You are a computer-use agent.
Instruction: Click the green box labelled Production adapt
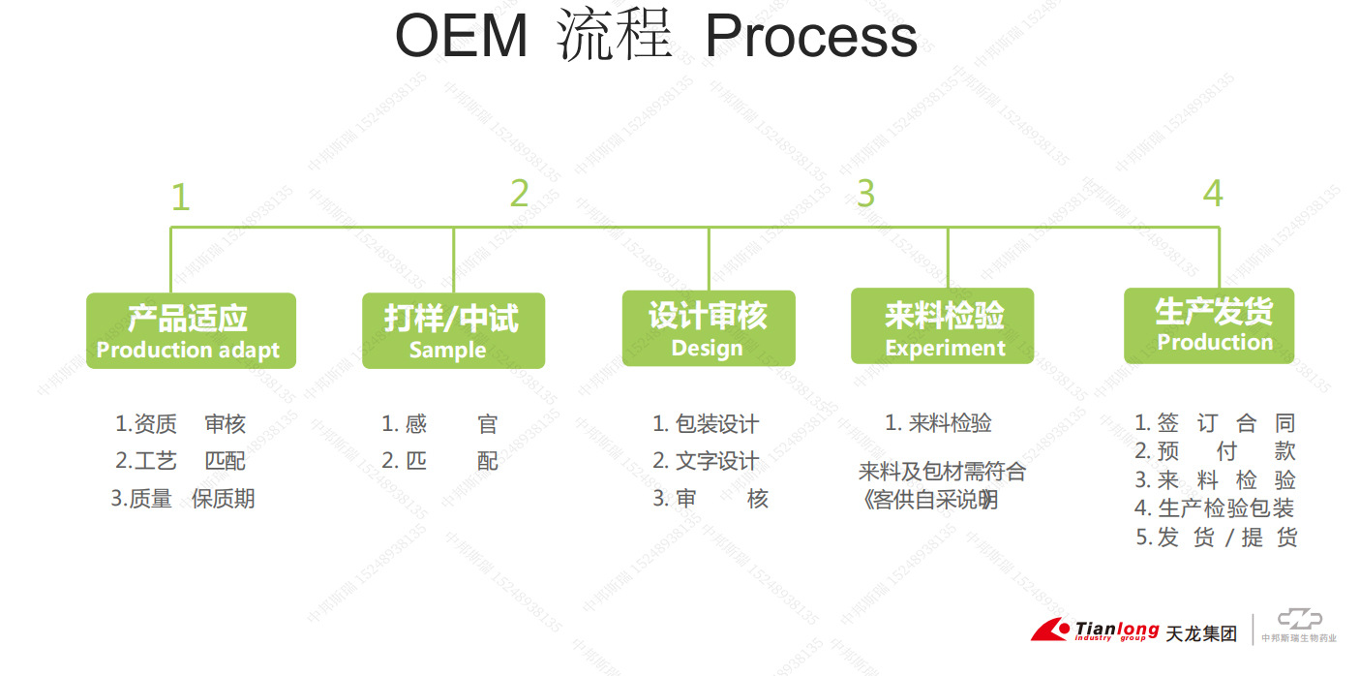tap(191, 330)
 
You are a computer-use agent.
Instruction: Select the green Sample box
tap(453, 330)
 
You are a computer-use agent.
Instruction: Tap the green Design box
tap(708, 328)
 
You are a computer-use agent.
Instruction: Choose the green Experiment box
tap(942, 326)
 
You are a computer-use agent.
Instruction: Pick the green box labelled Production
tap(1208, 325)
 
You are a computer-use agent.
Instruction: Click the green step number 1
tap(180, 198)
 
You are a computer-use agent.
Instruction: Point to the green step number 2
tap(520, 194)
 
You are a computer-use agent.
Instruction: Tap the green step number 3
tap(865, 194)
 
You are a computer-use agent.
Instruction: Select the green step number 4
tap(1213, 194)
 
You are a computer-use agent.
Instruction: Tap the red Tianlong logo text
tap(1116, 630)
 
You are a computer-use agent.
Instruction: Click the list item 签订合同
tap(1215, 423)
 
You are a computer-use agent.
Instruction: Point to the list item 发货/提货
tap(1216, 538)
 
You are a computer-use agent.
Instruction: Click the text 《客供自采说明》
tap(928, 500)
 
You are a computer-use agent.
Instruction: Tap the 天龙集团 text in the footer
tap(1201, 634)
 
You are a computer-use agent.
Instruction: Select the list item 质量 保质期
tap(183, 499)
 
